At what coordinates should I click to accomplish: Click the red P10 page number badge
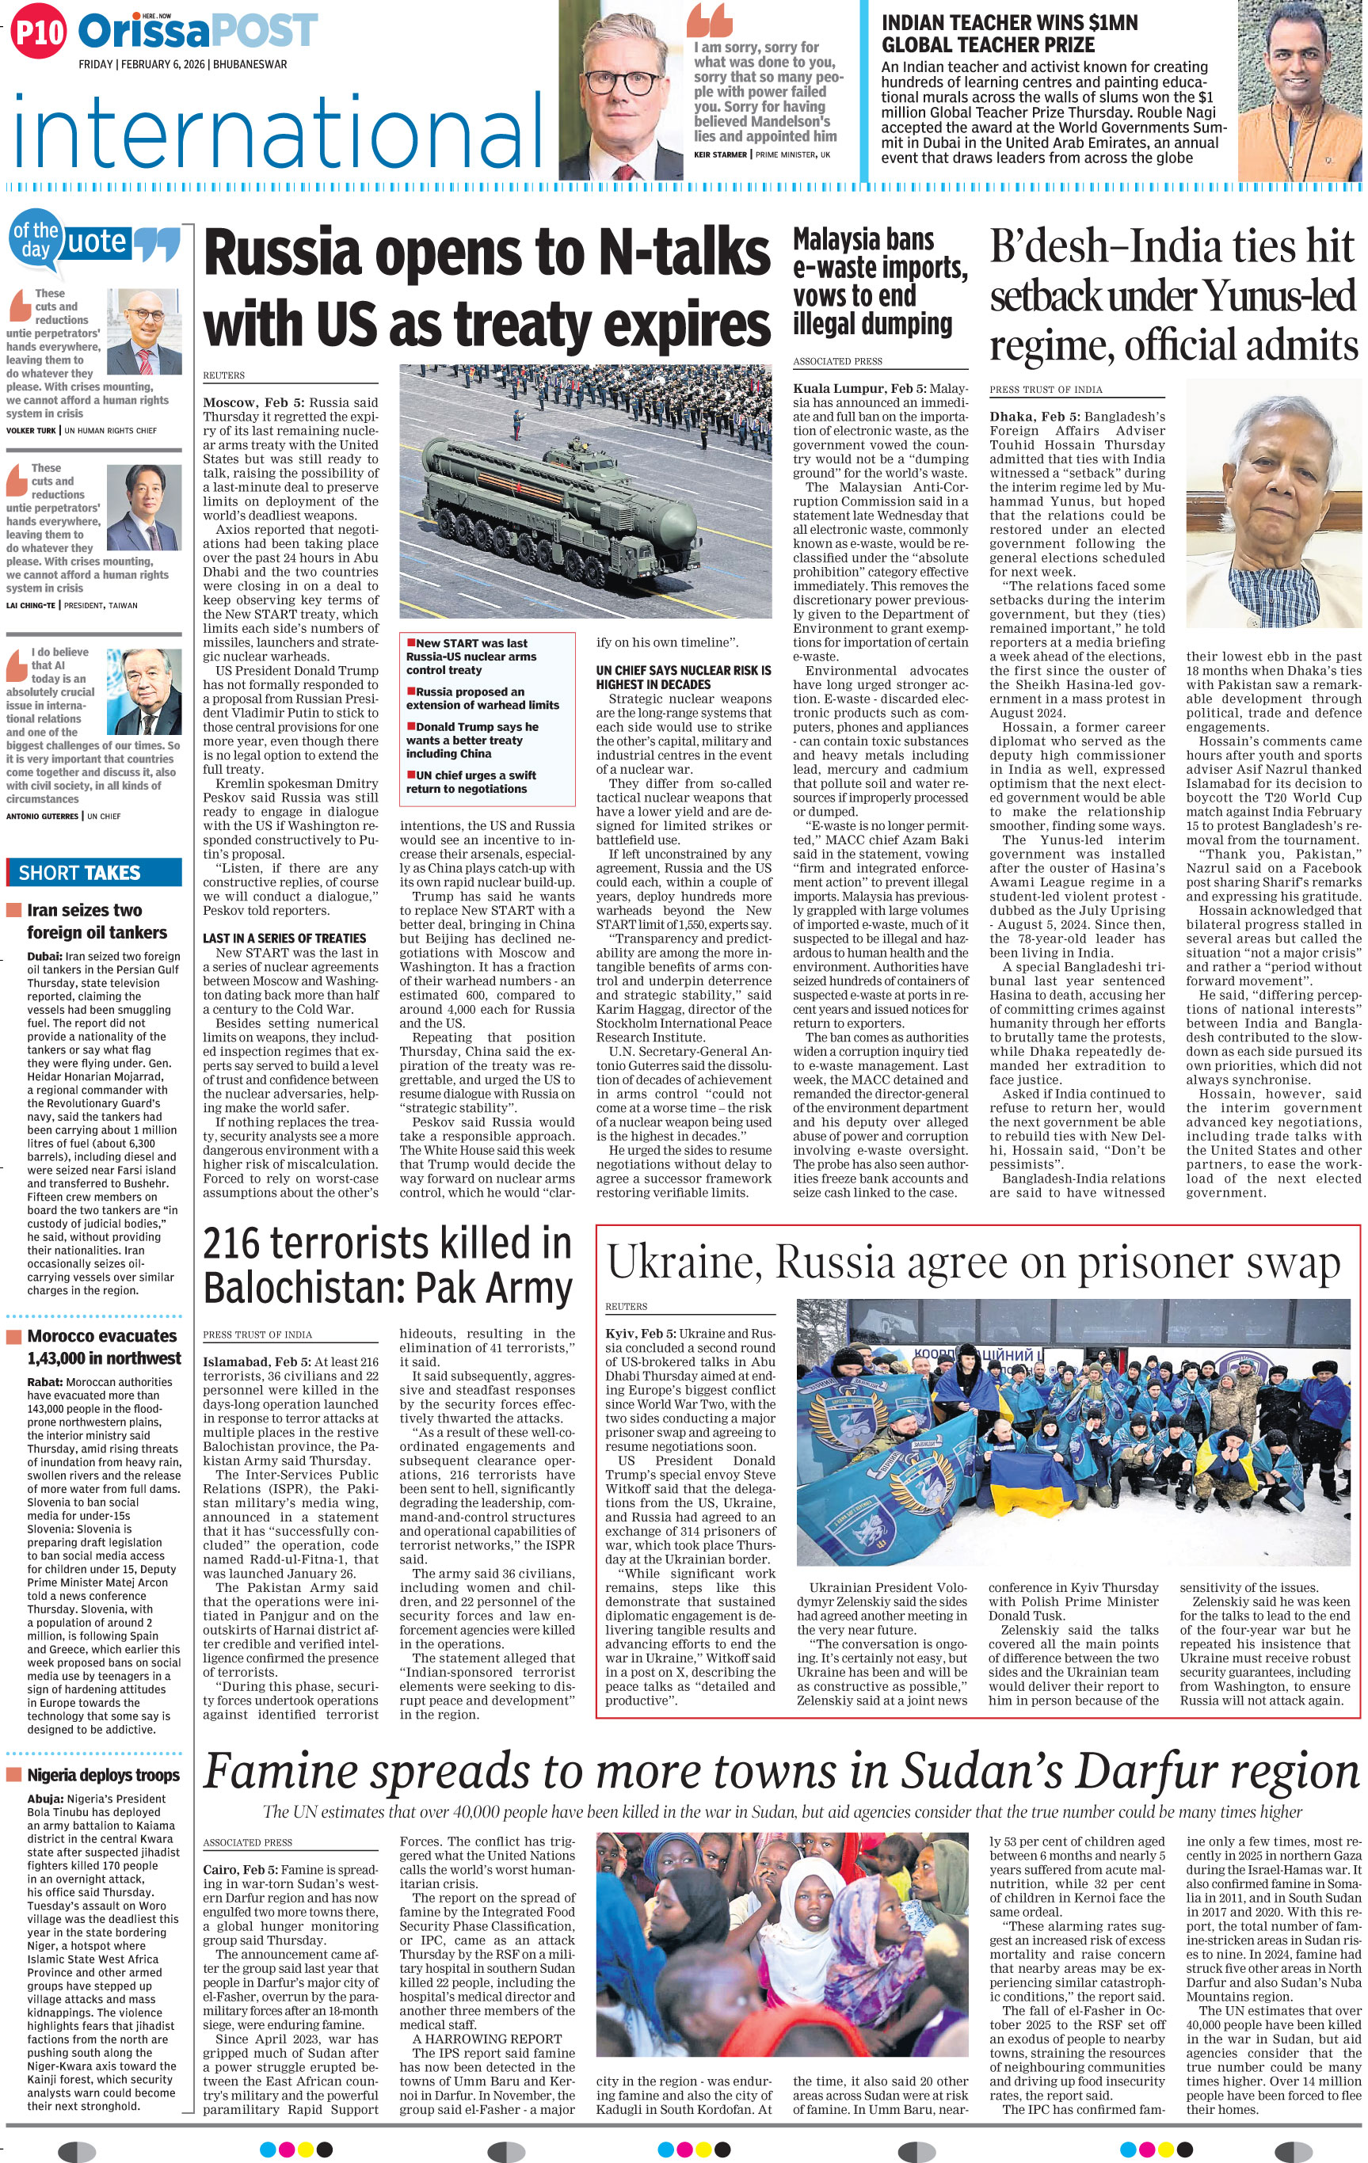38,33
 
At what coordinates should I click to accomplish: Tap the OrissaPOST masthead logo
197,31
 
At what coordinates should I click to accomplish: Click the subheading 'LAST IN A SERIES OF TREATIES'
284,938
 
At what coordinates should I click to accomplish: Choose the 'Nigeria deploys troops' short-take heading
102,1775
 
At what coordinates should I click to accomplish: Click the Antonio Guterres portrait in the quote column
143,690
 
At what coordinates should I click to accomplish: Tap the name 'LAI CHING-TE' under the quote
31,605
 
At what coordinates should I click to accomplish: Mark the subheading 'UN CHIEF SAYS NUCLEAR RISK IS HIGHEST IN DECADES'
683,677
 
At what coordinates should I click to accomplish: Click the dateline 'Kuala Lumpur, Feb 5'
853,389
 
